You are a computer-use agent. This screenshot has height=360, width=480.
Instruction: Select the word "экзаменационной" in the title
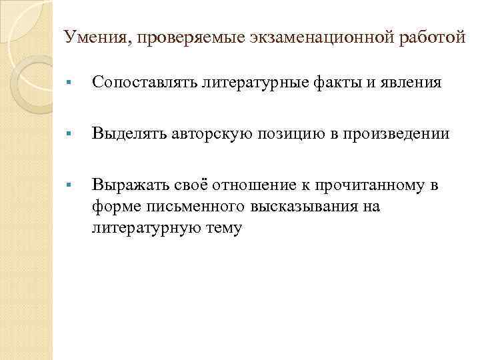pyautogui.click(x=304, y=38)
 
